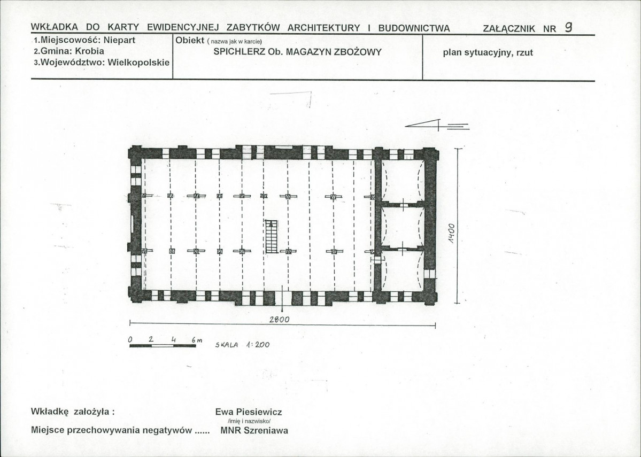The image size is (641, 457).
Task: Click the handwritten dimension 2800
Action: click(x=280, y=320)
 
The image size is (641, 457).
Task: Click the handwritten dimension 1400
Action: click(x=451, y=234)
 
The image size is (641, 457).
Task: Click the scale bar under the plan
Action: click(x=163, y=346)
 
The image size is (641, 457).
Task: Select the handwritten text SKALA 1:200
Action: click(x=242, y=345)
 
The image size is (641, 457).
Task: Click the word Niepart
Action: click(x=119, y=40)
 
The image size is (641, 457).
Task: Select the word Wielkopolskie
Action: click(x=138, y=63)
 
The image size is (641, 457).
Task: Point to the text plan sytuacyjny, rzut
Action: click(x=488, y=53)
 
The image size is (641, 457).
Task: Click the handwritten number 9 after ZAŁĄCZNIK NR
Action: click(x=568, y=27)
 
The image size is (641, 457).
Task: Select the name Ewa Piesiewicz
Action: click(x=249, y=412)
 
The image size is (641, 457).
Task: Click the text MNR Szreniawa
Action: click(x=254, y=430)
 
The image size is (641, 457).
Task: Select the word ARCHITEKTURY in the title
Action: click(x=324, y=28)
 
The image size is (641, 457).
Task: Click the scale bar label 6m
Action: click(x=196, y=340)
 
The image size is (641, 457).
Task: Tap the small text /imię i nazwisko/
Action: click(x=249, y=421)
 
